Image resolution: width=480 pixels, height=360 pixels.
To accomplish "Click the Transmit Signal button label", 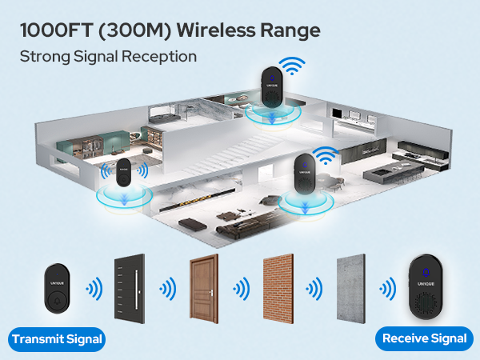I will (x=57, y=339).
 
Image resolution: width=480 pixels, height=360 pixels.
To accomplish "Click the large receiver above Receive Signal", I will (x=425, y=288).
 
